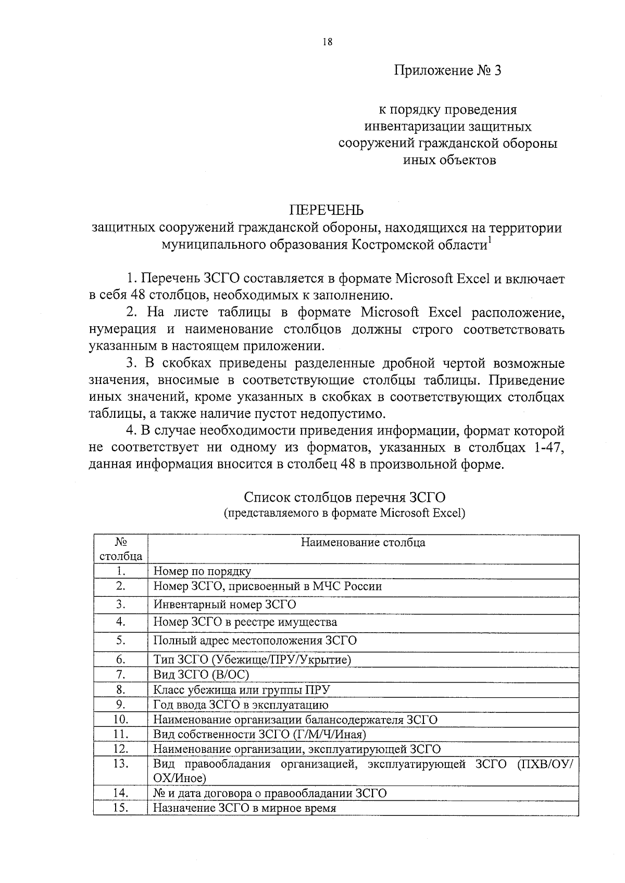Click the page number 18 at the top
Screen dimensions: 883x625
327,43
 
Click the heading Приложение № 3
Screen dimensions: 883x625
447,70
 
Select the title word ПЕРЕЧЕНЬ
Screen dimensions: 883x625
327,210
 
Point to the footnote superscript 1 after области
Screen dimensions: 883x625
489,240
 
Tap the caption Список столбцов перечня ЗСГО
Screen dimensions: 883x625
345,498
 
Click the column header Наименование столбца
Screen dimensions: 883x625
363,543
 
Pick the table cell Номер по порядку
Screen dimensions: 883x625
202,571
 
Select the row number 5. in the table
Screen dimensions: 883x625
121,640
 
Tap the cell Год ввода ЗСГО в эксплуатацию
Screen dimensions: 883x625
241,705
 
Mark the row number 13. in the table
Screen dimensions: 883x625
121,763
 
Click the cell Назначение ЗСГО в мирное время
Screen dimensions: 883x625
244,808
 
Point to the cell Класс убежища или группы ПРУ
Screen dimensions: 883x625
242,690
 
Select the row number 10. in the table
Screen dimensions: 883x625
121,720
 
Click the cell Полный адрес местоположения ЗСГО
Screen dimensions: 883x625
255,641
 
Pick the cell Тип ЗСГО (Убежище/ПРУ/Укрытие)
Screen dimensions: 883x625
252,660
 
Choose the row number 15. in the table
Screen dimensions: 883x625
121,808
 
